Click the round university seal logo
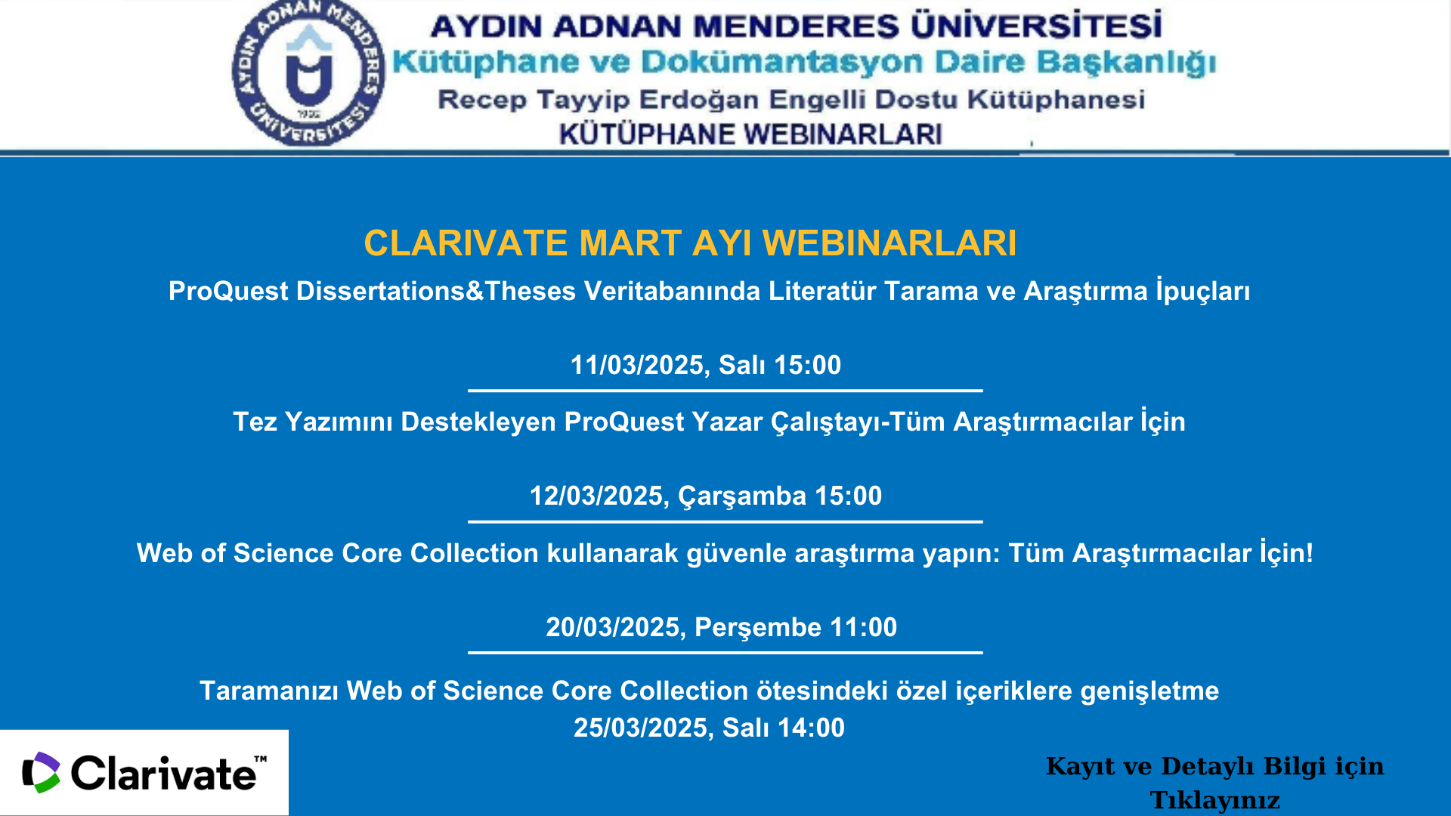[308, 73]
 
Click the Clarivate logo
[144, 772]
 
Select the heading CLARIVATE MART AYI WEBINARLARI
[690, 243]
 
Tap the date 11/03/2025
[637, 365]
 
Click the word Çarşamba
[742, 496]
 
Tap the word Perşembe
[758, 628]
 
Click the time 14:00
[811, 728]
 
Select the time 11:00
[864, 627]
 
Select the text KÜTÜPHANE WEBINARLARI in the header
[750, 134]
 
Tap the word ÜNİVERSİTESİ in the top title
[1036, 24]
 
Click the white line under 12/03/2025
[725, 521]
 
